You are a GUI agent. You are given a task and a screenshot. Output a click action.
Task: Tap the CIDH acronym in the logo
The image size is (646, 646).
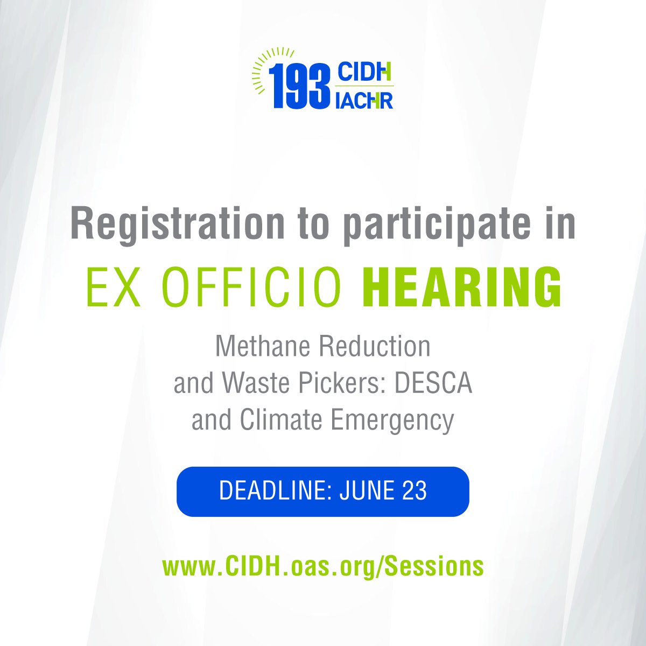(x=364, y=72)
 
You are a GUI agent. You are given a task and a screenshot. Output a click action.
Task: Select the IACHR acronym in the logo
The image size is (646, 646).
(x=364, y=99)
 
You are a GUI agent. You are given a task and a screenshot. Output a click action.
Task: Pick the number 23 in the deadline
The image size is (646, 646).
(x=414, y=491)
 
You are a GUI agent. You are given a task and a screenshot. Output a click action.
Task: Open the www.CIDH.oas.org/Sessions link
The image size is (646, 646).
(x=322, y=566)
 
